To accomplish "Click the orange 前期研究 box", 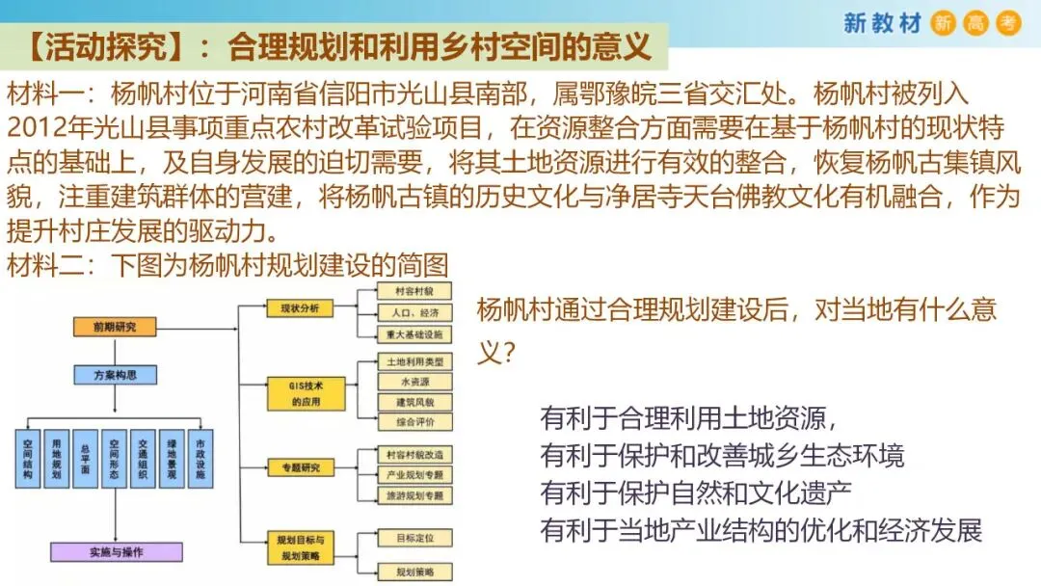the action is click(x=115, y=327).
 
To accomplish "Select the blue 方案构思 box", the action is click(x=115, y=375).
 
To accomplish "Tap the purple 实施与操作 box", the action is click(x=116, y=551).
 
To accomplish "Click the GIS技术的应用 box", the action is click(x=306, y=392).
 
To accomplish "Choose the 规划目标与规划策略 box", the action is click(x=306, y=548).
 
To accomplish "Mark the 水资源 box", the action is click(x=414, y=382).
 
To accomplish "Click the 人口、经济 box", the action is click(x=414, y=312).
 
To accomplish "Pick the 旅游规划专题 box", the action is click(x=414, y=494).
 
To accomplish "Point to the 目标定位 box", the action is click(x=414, y=536).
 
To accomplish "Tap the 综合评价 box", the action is click(x=414, y=421).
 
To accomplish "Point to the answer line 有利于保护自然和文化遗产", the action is click(x=697, y=493).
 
